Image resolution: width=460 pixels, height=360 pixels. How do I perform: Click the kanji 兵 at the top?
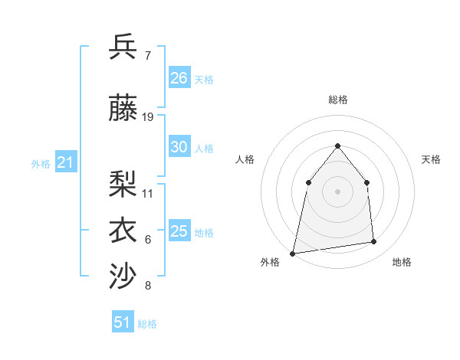pos(124,47)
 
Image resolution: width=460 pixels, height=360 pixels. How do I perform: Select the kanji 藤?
pos(124,108)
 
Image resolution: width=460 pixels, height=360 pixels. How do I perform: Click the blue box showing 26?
pos(179,77)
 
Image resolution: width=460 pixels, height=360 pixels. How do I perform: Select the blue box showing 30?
pos(179,147)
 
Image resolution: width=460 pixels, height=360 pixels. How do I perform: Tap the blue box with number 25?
pos(179,231)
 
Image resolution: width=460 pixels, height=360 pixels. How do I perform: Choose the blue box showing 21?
pos(66,162)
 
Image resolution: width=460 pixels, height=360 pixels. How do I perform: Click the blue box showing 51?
pos(123,322)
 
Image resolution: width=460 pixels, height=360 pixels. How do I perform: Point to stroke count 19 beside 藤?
pos(148,117)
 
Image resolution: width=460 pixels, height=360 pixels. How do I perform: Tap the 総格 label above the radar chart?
pos(337,100)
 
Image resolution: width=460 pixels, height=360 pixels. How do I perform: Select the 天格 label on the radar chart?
pos(431,159)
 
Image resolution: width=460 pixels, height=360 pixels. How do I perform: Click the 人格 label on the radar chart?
pos(245,159)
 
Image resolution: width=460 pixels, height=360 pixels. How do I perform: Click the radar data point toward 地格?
pos(374,242)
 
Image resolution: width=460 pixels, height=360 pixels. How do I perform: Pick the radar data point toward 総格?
pos(337,146)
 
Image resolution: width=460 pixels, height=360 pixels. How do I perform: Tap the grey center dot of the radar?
pos(337,191)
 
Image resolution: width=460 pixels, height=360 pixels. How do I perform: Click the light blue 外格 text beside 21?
pos(41,163)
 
